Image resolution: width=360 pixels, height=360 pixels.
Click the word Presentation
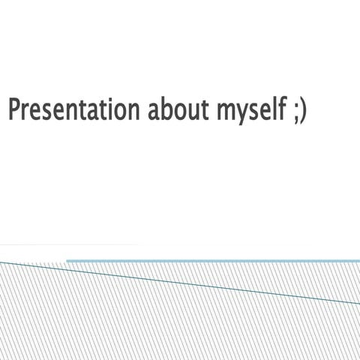click(x=73, y=109)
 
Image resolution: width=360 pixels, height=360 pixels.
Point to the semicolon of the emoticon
click(x=293, y=112)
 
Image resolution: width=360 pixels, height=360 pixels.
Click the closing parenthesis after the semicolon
click(x=302, y=111)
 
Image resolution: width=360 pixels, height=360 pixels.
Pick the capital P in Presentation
click(x=13, y=109)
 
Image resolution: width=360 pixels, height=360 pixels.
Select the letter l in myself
click(x=271, y=109)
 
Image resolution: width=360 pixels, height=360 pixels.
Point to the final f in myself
click(x=279, y=109)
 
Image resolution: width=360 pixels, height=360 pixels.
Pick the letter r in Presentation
click(x=25, y=111)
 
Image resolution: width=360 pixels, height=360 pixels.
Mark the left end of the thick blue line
click(x=67, y=261)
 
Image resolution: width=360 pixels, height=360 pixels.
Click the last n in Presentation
click(x=133, y=111)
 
